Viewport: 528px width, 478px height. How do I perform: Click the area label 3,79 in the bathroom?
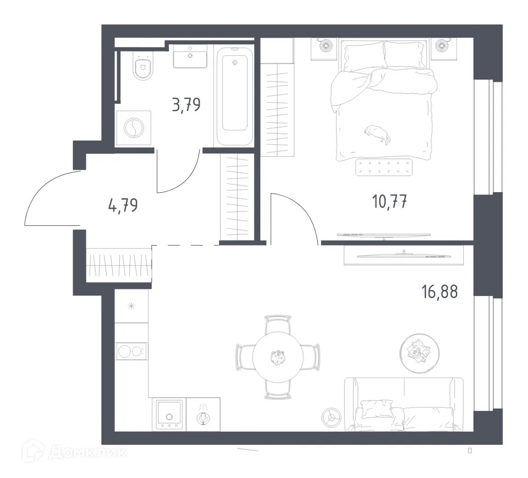click(x=186, y=105)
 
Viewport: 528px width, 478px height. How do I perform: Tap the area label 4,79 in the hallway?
click(x=123, y=204)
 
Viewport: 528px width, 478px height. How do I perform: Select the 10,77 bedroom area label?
click(x=390, y=201)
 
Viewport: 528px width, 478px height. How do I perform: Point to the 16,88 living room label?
click(x=439, y=291)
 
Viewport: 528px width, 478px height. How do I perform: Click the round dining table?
click(x=277, y=357)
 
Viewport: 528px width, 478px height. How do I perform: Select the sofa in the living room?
click(x=403, y=404)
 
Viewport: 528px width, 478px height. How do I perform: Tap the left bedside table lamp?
click(x=326, y=46)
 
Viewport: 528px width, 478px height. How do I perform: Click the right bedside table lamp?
click(x=444, y=46)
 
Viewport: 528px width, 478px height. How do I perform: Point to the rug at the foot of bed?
click(x=384, y=167)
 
